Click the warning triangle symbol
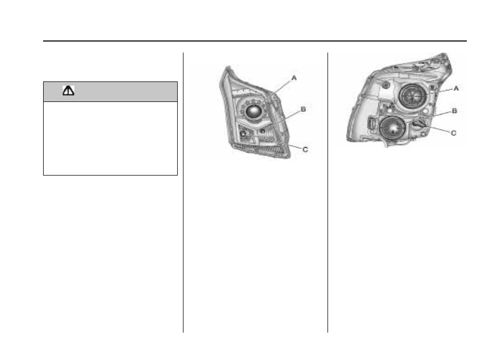coord(68,91)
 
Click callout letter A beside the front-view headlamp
coord(294,78)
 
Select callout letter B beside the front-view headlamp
coord(303,109)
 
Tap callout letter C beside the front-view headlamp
coord(305,149)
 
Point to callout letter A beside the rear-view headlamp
coord(456,88)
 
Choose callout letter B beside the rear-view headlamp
coord(455,111)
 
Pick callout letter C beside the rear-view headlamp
coord(453,133)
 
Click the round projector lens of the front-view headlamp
coord(254,111)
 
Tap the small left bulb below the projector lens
coord(243,133)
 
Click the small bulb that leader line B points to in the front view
coord(263,131)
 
